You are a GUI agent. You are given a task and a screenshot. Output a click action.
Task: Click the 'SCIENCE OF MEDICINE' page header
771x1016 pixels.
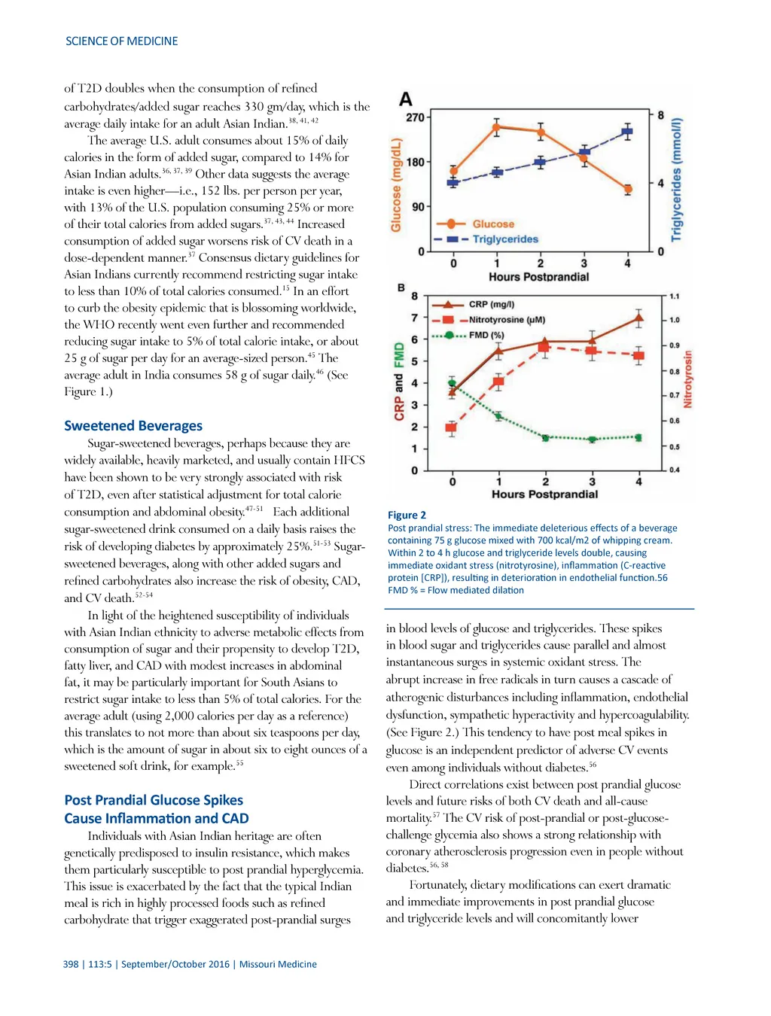[121, 41]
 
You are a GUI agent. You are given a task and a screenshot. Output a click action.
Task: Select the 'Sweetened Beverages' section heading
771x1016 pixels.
[133, 426]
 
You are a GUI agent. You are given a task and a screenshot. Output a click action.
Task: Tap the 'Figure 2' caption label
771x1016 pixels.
[407, 516]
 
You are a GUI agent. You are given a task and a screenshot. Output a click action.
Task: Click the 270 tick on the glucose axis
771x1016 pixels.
[415, 117]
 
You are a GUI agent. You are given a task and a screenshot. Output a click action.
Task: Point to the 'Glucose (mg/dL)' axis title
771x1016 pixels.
[396, 185]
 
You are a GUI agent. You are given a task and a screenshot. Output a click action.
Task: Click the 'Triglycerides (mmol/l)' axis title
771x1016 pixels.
[677, 180]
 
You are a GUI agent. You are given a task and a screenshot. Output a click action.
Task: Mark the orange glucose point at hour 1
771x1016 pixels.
[496, 127]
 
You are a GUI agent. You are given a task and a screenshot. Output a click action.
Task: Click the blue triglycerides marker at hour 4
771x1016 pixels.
[627, 132]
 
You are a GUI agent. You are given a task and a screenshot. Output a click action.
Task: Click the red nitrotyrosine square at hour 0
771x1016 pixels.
[451, 428]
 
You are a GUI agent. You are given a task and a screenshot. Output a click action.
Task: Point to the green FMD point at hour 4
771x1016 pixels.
[638, 437]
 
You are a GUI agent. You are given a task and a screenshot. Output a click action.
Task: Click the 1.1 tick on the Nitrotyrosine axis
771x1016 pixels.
[674, 297]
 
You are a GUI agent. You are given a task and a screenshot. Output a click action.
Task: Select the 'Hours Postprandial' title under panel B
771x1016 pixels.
[544, 494]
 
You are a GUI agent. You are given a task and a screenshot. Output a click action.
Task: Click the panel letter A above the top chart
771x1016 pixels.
[406, 99]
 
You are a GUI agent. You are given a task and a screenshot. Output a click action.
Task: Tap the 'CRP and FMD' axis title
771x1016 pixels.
[399, 382]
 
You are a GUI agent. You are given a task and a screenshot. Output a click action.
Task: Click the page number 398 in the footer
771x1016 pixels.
[71, 964]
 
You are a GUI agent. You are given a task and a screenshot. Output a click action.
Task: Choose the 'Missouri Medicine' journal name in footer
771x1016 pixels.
[278, 964]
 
